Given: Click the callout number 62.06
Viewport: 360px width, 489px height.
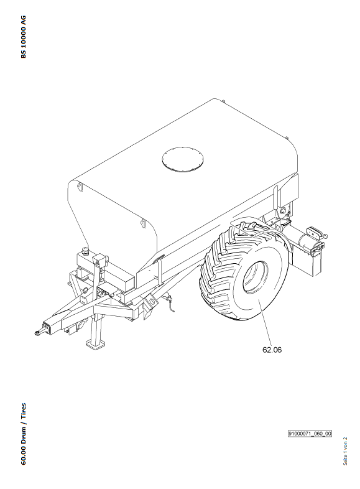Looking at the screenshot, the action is [x=272, y=350].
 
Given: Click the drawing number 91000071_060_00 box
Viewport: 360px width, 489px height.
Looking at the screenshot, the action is [x=310, y=434].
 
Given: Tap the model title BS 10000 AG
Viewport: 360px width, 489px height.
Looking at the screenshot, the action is [x=24, y=37].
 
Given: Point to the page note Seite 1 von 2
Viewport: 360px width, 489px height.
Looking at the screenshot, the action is [x=345, y=451].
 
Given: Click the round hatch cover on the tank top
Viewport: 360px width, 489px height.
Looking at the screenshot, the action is [x=183, y=159].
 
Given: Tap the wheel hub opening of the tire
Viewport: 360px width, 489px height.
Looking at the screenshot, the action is [x=256, y=277].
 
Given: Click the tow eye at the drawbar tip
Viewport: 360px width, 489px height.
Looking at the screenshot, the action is [x=38, y=332].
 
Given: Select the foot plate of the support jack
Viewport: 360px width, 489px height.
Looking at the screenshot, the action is [x=95, y=343].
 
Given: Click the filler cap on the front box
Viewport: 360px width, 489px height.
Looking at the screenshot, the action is [x=85, y=250].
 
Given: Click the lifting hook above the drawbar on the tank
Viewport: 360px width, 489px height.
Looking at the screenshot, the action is [x=143, y=223].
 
